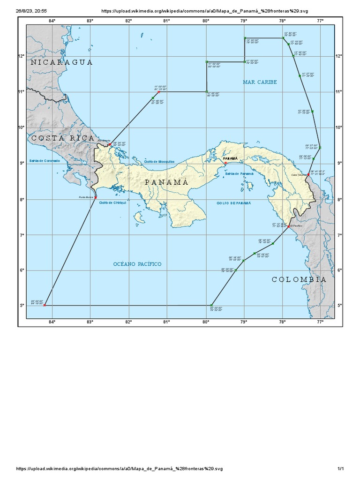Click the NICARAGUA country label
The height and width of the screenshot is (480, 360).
62,62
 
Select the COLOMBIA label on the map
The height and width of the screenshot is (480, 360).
299,279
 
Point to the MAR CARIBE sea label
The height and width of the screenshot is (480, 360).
260,82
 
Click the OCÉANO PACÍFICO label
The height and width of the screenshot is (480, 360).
137,264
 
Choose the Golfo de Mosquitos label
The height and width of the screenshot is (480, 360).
159,161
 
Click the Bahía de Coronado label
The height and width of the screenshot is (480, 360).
45,161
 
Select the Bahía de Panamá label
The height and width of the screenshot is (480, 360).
239,173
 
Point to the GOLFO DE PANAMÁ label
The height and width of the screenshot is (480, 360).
234,203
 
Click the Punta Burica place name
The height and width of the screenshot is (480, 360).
86,198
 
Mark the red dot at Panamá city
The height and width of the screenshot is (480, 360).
226,163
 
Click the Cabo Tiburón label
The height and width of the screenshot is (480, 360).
299,174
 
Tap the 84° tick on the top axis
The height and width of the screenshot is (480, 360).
52,21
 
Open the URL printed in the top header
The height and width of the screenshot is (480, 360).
205,10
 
